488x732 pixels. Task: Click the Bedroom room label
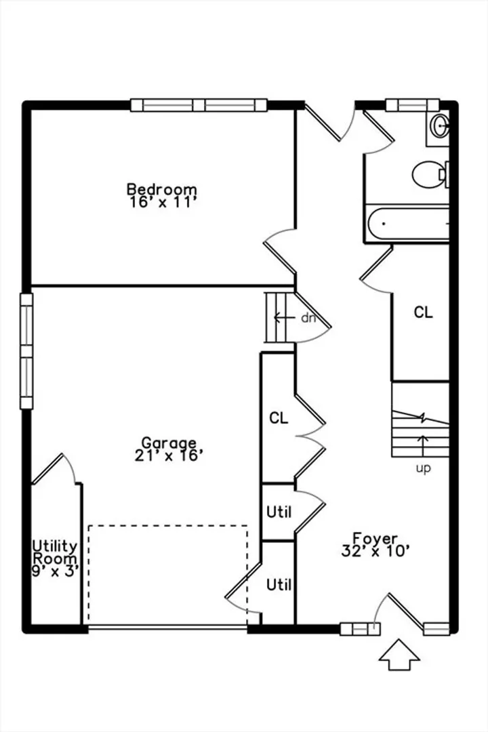click(162, 190)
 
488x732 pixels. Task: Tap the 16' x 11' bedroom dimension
click(161, 202)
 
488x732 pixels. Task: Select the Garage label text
click(169, 443)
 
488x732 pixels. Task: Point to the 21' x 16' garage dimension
click(169, 455)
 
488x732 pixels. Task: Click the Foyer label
click(375, 538)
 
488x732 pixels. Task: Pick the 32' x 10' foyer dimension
click(376, 551)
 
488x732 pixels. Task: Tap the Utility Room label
click(55, 552)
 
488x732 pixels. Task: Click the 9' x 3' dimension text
click(55, 571)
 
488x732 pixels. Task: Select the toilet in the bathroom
click(430, 175)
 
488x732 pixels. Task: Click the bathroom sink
click(439, 125)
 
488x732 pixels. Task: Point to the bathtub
click(408, 224)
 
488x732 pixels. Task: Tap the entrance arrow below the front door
click(399, 655)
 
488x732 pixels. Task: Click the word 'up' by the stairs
click(424, 469)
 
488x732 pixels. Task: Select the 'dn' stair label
click(308, 318)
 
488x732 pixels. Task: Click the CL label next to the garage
click(279, 418)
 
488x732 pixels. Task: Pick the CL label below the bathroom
click(423, 312)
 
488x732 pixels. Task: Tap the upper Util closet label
click(279, 512)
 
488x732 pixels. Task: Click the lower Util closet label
click(279, 584)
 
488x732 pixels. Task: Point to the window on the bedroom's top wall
click(199, 105)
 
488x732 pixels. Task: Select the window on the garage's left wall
click(26, 351)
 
